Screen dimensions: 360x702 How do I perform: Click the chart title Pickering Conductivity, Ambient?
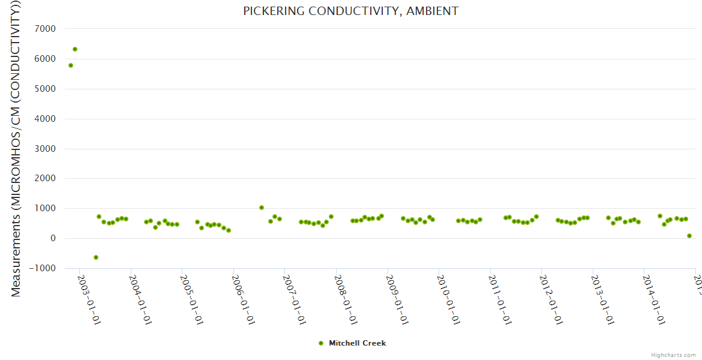[350, 11]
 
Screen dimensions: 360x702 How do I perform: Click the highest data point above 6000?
[75, 49]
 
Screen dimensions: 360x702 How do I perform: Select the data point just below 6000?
[71, 65]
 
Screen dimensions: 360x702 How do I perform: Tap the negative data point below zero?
[96, 257]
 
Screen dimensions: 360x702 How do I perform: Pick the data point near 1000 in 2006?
[262, 208]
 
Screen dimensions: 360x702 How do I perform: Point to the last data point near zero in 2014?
[689, 236]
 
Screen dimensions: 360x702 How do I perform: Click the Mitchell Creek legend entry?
[357, 343]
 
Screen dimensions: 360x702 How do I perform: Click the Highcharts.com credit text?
[673, 355]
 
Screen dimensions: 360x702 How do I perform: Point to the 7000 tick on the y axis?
[46, 29]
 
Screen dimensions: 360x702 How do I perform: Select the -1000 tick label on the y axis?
[43, 268]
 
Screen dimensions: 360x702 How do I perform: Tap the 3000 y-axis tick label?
[46, 149]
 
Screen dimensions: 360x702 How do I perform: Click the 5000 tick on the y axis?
[46, 89]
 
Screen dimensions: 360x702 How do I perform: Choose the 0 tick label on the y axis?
[52, 238]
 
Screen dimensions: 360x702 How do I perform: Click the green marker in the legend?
[321, 343]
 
